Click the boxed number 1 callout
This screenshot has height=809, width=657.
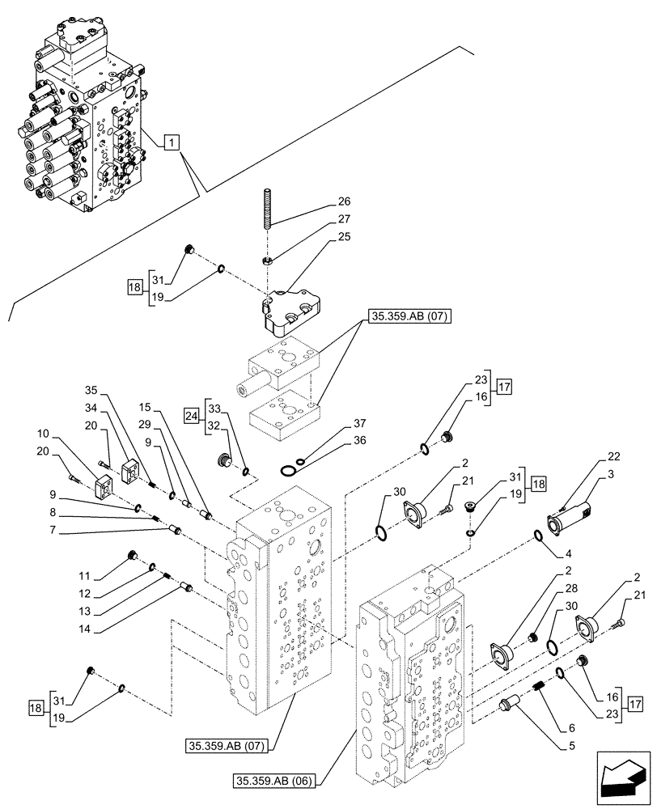tap(172, 143)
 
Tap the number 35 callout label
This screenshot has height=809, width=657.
tap(91, 389)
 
